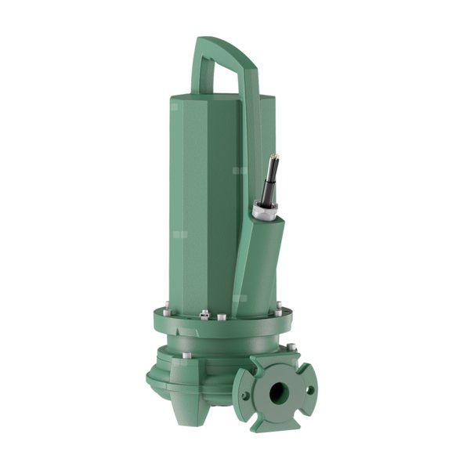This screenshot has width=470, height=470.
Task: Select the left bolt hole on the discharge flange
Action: coord(246,396)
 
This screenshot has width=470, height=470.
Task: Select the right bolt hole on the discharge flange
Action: coord(309,389)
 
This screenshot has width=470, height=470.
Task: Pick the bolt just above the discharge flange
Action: coord(291,346)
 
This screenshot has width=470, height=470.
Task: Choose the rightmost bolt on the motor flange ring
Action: coord(278,312)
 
